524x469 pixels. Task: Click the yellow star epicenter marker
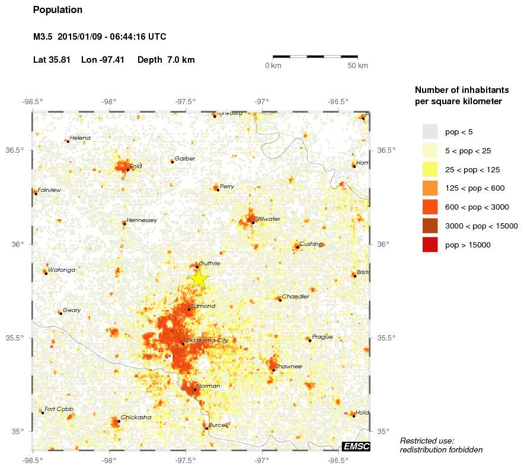click(199, 278)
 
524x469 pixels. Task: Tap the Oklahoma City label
click(206, 340)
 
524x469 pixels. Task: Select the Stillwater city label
click(267, 219)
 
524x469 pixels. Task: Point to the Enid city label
click(136, 166)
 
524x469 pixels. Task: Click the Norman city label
click(208, 386)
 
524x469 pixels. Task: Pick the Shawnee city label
click(289, 367)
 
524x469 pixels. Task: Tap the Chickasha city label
click(136, 417)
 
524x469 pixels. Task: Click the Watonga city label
click(62, 270)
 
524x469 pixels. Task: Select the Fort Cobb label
click(58, 409)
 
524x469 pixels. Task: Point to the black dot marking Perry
click(218, 189)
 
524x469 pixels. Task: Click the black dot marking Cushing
click(297, 247)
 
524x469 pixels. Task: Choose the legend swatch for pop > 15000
click(430, 245)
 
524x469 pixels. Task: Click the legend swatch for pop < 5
click(430, 131)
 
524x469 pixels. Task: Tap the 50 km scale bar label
click(357, 65)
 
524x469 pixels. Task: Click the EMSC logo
click(356, 446)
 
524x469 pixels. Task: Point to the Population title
click(58, 10)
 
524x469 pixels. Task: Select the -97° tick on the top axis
click(262, 101)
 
